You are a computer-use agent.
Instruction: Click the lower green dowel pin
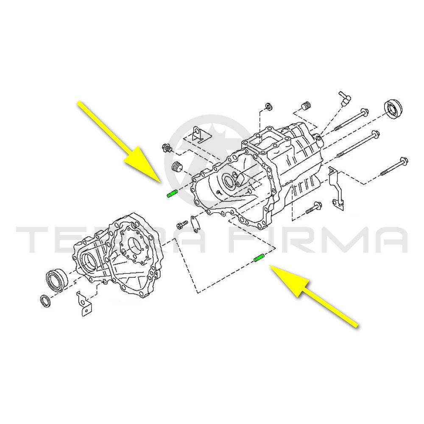pyautogui.click(x=259, y=258)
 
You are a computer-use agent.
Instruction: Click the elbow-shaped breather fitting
pyautogui.click(x=344, y=99)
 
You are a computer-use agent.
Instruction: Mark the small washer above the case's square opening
pyautogui.click(x=269, y=106)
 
